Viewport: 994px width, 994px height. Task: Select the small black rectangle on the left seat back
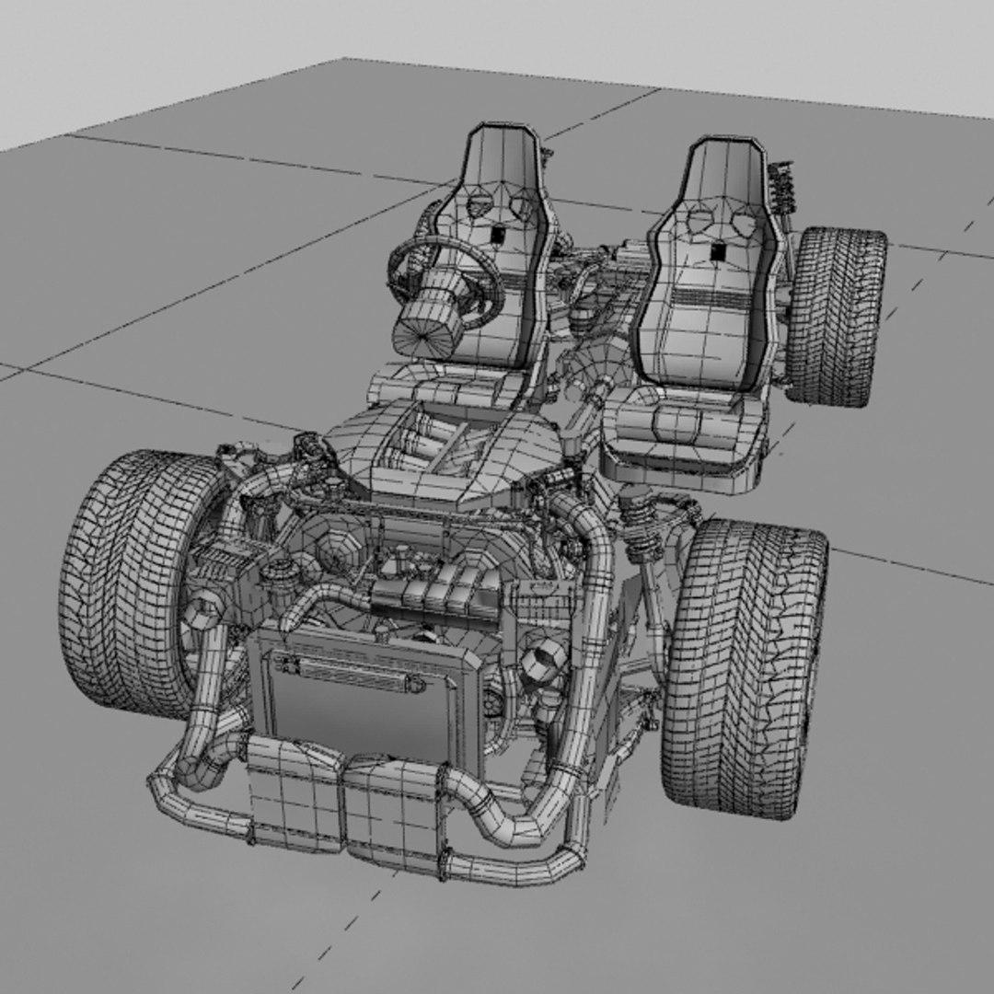pos(498,235)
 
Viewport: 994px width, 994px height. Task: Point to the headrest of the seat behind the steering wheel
pos(502,156)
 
